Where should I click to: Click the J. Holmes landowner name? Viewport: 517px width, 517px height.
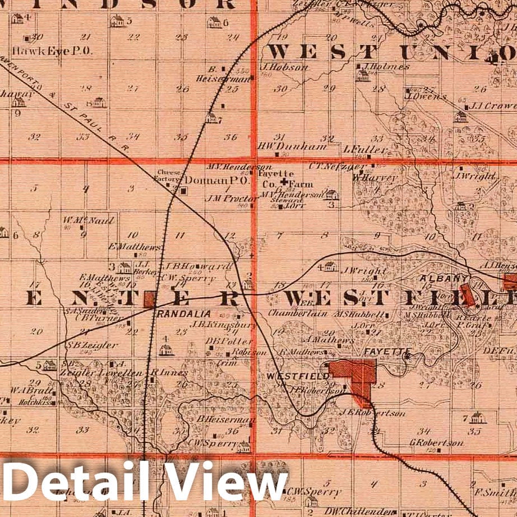pyautogui.click(x=386, y=66)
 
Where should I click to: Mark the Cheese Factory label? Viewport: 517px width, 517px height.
pyautogui.click(x=169, y=176)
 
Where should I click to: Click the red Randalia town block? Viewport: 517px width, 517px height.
pyautogui.click(x=150, y=299)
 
